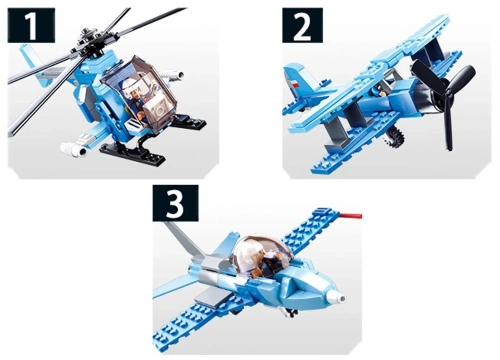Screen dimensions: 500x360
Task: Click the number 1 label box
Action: [31, 26]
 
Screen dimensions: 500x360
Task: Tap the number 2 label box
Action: [302, 26]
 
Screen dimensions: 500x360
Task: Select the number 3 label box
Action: [176, 203]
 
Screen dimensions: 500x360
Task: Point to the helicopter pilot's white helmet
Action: [130, 85]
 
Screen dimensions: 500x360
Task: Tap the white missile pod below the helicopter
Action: [74, 147]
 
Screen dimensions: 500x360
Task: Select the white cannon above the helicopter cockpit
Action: [172, 76]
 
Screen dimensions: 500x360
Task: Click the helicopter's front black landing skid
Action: [133, 154]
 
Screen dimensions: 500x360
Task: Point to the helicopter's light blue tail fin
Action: [29, 57]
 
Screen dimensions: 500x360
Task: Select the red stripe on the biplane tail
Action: [295, 85]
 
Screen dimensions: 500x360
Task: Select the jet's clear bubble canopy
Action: [263, 253]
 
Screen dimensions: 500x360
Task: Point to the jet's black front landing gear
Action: [291, 313]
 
